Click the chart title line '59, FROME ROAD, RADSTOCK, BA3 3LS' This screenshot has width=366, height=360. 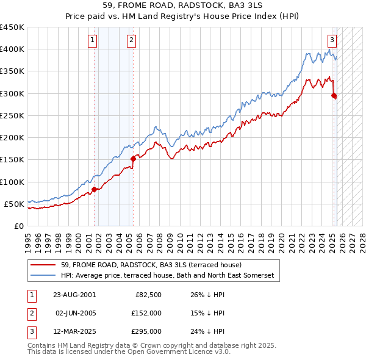[183, 6]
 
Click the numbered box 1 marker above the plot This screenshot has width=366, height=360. [92, 41]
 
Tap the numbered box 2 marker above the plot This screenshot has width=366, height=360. [131, 41]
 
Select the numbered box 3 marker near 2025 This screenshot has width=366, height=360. [332, 41]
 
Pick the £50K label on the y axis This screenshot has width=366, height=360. [15, 204]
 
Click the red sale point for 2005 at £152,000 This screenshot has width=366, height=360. [133, 159]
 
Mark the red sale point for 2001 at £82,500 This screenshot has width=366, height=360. [95, 190]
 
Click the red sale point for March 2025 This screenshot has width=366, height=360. [334, 95]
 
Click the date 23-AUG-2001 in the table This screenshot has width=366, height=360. [74, 294]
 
